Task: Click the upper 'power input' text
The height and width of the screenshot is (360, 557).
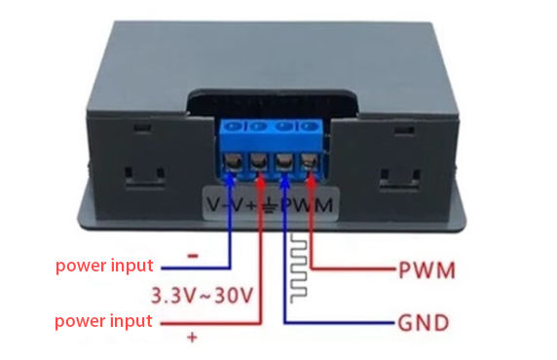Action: [x=103, y=265]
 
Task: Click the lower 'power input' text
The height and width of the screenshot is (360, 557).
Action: [x=103, y=320]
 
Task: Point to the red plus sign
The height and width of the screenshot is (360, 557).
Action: [x=192, y=338]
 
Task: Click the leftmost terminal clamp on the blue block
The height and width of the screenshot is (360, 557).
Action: [x=235, y=160]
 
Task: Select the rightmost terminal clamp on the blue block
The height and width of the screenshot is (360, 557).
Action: [x=311, y=160]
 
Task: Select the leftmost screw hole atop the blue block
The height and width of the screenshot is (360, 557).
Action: [x=235, y=126]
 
